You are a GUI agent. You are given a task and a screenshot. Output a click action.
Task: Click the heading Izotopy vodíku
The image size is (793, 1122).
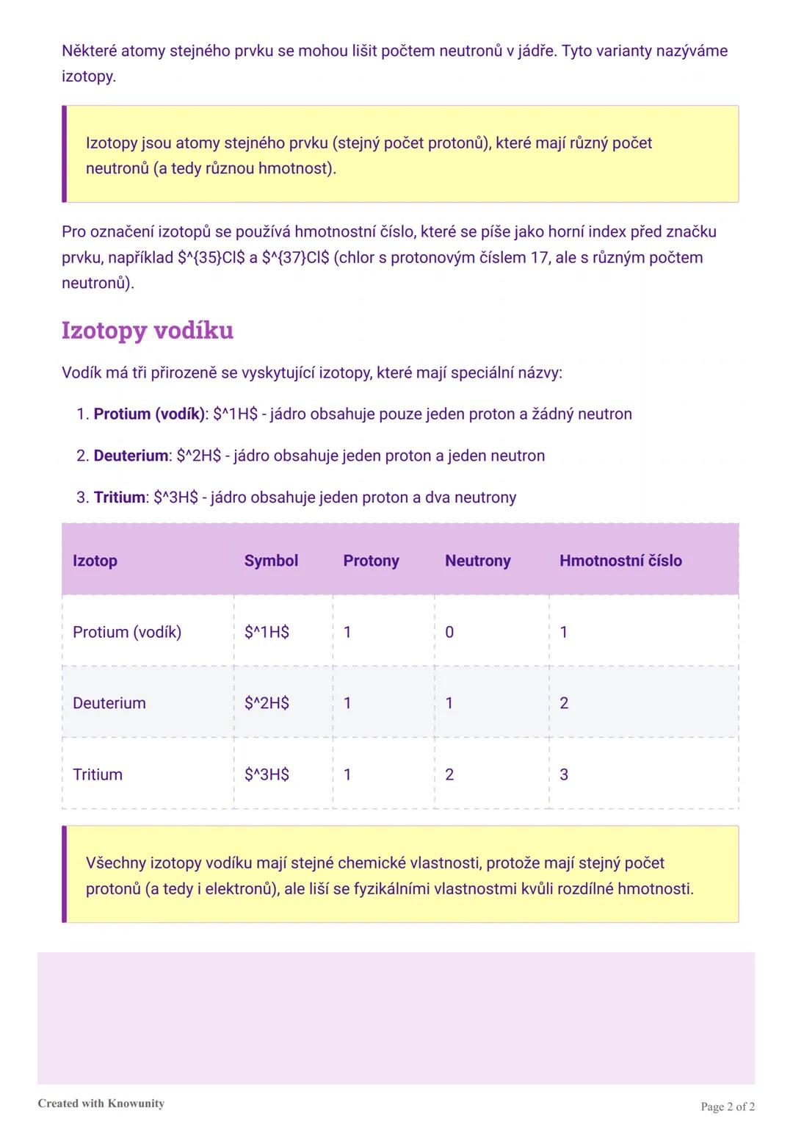[x=147, y=331]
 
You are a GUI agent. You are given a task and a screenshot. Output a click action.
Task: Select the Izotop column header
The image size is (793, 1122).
[x=95, y=561]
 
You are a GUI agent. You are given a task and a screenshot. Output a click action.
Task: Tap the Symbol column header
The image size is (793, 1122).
[x=271, y=561]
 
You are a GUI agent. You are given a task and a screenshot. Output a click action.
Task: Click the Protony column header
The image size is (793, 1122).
[x=371, y=561]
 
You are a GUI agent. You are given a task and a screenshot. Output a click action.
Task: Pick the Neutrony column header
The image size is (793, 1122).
[x=477, y=561]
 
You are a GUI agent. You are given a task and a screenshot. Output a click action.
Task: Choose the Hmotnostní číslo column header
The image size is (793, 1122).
[x=620, y=561]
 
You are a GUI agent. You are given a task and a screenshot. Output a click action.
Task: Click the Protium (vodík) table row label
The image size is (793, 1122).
[x=127, y=632]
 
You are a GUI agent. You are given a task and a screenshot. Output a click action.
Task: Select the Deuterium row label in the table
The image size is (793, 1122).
[x=109, y=703]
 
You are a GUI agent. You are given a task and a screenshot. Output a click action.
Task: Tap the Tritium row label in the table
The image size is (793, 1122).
[x=98, y=774]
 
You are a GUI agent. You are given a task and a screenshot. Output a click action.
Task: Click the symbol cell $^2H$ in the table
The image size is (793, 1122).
[x=267, y=703]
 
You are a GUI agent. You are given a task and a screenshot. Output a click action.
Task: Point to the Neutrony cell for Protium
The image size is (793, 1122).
[x=449, y=632]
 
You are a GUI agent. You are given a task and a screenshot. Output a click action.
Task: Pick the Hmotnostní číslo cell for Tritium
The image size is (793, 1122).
[x=564, y=774]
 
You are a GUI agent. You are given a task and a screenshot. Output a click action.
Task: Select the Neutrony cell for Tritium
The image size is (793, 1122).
[x=449, y=774]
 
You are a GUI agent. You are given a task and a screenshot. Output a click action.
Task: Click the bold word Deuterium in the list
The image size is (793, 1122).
[x=131, y=456]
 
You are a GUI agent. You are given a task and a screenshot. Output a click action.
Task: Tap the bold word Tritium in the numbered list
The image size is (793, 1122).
[x=119, y=497]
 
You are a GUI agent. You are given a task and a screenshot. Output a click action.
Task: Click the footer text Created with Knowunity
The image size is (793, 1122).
[x=101, y=1103]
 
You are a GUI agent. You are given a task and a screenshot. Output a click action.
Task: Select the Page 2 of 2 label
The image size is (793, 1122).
[x=728, y=1107]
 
